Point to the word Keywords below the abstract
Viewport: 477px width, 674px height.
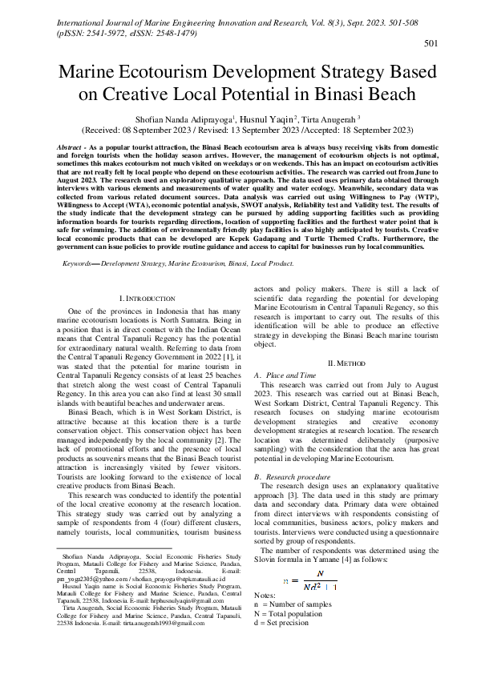[x=79, y=263]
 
